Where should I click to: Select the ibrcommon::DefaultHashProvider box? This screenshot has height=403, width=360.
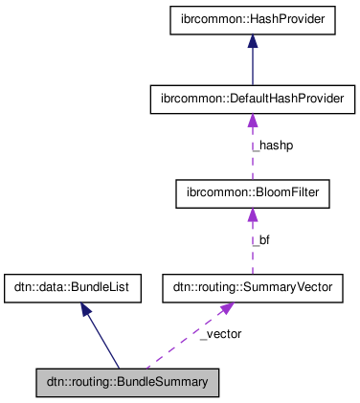(x=253, y=99)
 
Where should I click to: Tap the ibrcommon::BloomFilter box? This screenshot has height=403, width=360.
(x=253, y=193)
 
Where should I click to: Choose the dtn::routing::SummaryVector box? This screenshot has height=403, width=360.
(x=253, y=286)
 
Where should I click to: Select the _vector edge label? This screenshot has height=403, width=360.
(x=220, y=334)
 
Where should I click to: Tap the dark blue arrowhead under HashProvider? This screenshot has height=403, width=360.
(x=253, y=42)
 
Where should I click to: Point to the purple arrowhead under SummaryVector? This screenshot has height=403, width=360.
(x=226, y=308)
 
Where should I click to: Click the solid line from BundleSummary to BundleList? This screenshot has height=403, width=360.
(x=104, y=341)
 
